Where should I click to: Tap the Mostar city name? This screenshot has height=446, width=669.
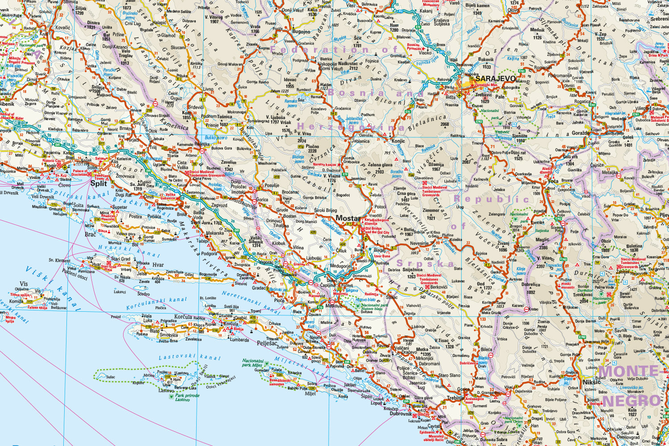[347, 218]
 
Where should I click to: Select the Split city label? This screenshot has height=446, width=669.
[99, 183]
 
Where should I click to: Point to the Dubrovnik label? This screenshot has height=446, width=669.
[401, 413]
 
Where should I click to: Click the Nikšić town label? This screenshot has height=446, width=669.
[591, 382]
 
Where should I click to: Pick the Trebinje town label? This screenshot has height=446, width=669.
[456, 398]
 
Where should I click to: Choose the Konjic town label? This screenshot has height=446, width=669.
[398, 141]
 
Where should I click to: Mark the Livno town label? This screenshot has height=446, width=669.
[208, 89]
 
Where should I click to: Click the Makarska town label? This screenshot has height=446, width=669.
[215, 233]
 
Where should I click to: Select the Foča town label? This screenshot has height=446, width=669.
[553, 182]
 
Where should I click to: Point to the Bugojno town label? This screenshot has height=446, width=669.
[301, 32]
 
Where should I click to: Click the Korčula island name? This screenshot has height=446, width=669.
[183, 317]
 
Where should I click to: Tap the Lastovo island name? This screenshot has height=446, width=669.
[166, 390]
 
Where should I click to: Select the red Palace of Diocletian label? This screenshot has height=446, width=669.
[80, 173]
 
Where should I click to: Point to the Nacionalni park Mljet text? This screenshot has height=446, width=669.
[252, 363]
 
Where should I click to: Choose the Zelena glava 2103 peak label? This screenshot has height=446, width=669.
[380, 168]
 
